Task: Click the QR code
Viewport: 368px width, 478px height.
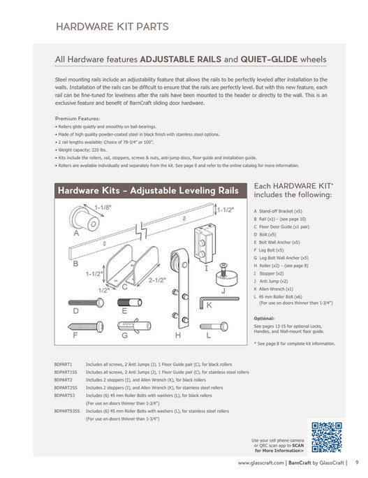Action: click(326, 437)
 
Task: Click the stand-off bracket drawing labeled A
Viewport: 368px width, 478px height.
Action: click(84, 219)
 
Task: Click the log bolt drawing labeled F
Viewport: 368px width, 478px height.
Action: click(86, 326)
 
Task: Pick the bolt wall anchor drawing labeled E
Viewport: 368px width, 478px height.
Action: click(129, 303)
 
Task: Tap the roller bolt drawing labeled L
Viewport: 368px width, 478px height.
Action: click(214, 326)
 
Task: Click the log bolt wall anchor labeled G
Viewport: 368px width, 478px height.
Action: click(134, 326)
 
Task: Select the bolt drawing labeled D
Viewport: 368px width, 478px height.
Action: click(86, 303)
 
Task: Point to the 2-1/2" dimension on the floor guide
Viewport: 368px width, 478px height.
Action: click(157, 280)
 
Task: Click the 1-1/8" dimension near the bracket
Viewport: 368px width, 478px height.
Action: click(103, 208)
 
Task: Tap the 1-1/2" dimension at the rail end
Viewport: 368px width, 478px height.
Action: click(226, 210)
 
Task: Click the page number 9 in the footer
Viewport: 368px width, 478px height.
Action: click(357, 462)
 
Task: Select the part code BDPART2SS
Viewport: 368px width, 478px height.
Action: click(66, 388)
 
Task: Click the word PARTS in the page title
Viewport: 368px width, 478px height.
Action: click(152, 27)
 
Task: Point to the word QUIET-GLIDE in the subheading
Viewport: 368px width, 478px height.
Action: click(269, 59)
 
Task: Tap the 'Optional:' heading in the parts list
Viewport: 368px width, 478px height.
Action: click(264, 318)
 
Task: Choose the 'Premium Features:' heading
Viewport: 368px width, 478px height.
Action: click(78, 119)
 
